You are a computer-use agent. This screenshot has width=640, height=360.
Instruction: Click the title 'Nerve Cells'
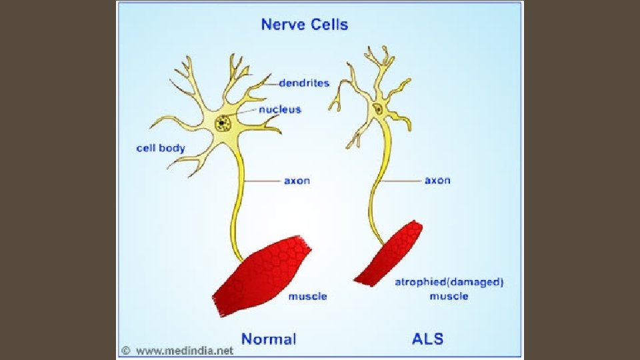[x=304, y=25]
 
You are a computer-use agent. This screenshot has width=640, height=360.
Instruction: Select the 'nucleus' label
[x=280, y=109]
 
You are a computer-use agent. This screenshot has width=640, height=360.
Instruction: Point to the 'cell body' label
[x=161, y=148]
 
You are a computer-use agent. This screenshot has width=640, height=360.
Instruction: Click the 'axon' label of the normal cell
[x=297, y=181]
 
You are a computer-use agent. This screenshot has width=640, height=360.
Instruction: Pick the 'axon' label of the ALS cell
[x=437, y=181]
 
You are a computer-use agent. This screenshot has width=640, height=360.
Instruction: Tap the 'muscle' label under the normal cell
[x=307, y=296]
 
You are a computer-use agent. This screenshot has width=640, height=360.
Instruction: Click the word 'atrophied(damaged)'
[x=449, y=282]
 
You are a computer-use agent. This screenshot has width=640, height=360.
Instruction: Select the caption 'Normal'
[x=269, y=339]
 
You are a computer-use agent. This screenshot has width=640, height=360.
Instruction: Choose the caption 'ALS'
[x=427, y=339]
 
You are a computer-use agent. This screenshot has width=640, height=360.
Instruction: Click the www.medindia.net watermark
[x=183, y=351]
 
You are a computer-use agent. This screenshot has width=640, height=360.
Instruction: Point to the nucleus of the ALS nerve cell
[x=378, y=109]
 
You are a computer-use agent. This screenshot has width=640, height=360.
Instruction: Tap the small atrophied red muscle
[x=389, y=255]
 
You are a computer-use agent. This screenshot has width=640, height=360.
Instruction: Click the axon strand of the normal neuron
[x=238, y=200]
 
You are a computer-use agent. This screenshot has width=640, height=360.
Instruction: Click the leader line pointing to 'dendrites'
[x=270, y=85]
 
